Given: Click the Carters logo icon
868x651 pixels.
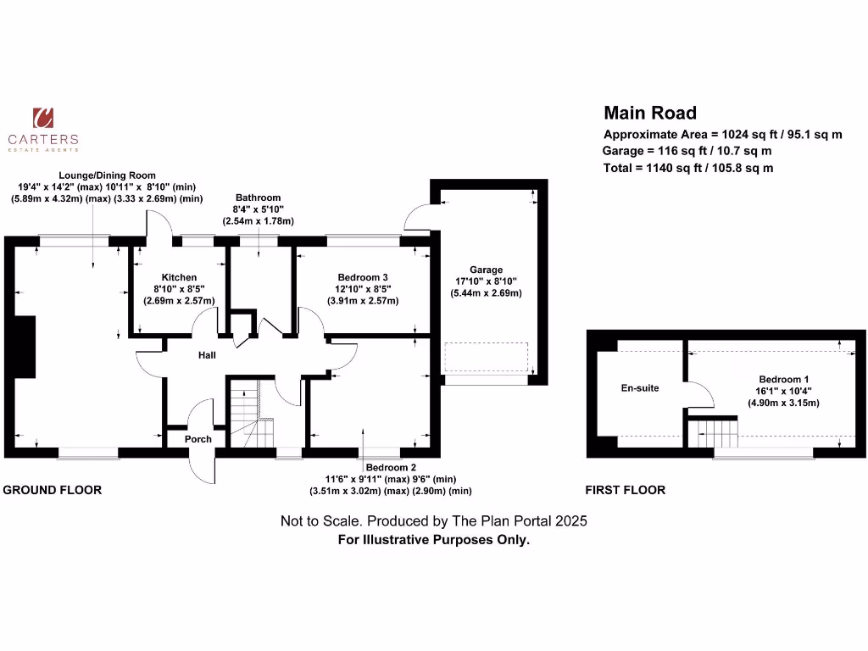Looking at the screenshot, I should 42,119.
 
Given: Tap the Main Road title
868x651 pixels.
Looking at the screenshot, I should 650,113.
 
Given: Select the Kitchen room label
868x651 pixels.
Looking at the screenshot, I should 180,277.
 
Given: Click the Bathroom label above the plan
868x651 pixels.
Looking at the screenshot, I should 258,198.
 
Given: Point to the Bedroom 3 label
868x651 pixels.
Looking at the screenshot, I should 363,277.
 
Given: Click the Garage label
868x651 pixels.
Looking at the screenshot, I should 486,270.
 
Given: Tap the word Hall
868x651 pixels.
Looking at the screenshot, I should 207,355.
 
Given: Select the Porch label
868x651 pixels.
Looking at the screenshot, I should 198,439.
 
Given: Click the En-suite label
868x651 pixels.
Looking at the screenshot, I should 641,388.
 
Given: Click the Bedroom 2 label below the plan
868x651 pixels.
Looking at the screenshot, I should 390,467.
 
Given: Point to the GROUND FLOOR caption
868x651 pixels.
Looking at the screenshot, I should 53,490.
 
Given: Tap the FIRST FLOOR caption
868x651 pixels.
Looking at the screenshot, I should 626,490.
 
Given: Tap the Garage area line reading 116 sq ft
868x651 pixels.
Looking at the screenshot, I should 687,151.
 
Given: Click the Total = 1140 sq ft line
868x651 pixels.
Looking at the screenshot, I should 688,168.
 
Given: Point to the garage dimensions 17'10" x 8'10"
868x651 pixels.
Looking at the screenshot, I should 486,281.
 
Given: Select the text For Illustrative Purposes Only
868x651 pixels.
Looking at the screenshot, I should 434,539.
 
